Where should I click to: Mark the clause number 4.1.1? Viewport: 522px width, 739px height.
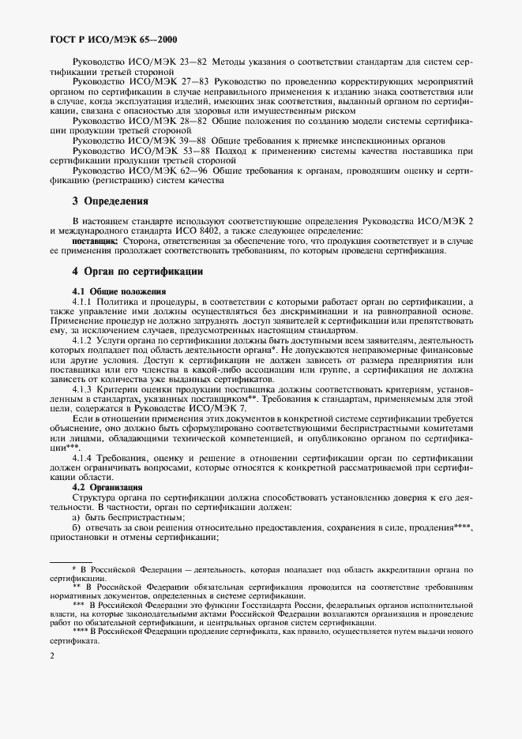click(x=83, y=302)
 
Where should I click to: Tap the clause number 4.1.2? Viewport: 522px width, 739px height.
click(x=83, y=339)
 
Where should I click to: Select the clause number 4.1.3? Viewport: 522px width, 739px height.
click(x=83, y=390)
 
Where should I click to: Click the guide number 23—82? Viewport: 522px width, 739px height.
click(x=192, y=60)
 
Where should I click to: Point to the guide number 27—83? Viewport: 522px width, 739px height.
click(x=193, y=81)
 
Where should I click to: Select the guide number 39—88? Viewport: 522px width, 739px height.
click(x=193, y=140)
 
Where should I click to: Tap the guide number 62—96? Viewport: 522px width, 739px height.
click(x=193, y=170)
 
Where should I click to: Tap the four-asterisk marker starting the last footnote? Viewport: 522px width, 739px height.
click(x=81, y=632)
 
